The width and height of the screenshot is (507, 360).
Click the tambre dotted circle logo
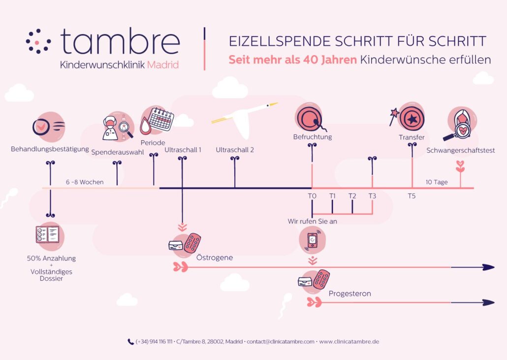tap(38, 41)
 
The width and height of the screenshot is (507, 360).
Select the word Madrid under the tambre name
tap(162, 65)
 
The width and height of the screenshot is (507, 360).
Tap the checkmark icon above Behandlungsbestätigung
tap(41, 127)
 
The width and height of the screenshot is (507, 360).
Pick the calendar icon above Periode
tap(161, 119)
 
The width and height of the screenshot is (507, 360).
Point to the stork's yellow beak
tap(273, 104)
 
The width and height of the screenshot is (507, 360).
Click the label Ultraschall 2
tap(235, 150)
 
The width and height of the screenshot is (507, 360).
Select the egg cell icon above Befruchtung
tap(310, 118)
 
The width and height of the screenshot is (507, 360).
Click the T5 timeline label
tap(412, 196)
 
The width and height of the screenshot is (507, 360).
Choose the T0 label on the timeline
tap(312, 196)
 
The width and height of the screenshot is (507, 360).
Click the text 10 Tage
tap(437, 182)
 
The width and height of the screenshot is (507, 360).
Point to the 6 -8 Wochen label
tap(85, 182)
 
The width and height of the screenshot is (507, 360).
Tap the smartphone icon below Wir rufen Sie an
tap(312, 240)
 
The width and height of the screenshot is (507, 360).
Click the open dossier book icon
tap(48, 234)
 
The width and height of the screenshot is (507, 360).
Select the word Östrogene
tap(215, 258)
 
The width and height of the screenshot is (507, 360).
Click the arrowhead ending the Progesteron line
tap(488, 303)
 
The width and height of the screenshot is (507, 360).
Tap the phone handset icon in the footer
tap(130, 342)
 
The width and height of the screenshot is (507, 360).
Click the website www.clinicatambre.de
tap(349, 342)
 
